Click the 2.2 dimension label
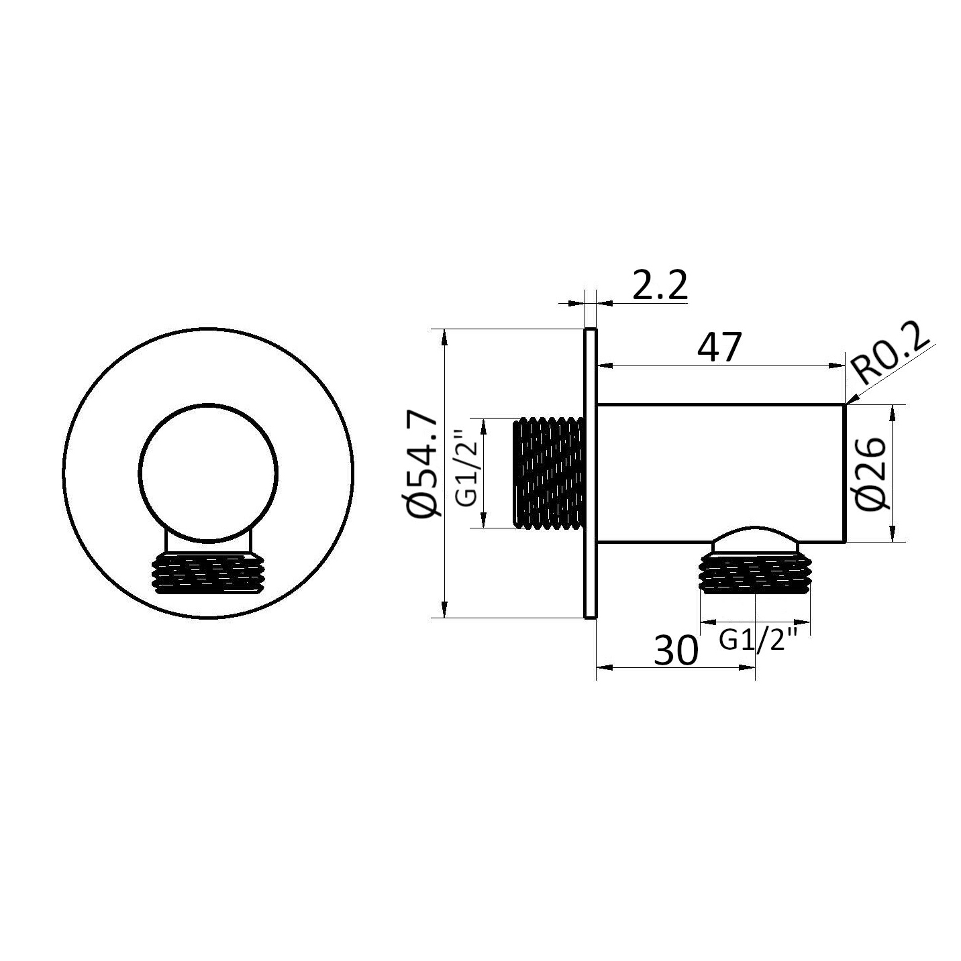(x=660, y=285)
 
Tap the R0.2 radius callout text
(x=892, y=357)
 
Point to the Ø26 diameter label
(x=871, y=473)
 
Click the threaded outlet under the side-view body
(x=755, y=574)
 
